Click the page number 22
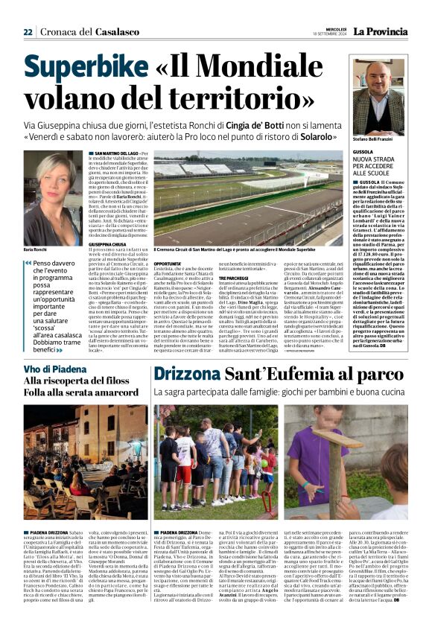28,32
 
